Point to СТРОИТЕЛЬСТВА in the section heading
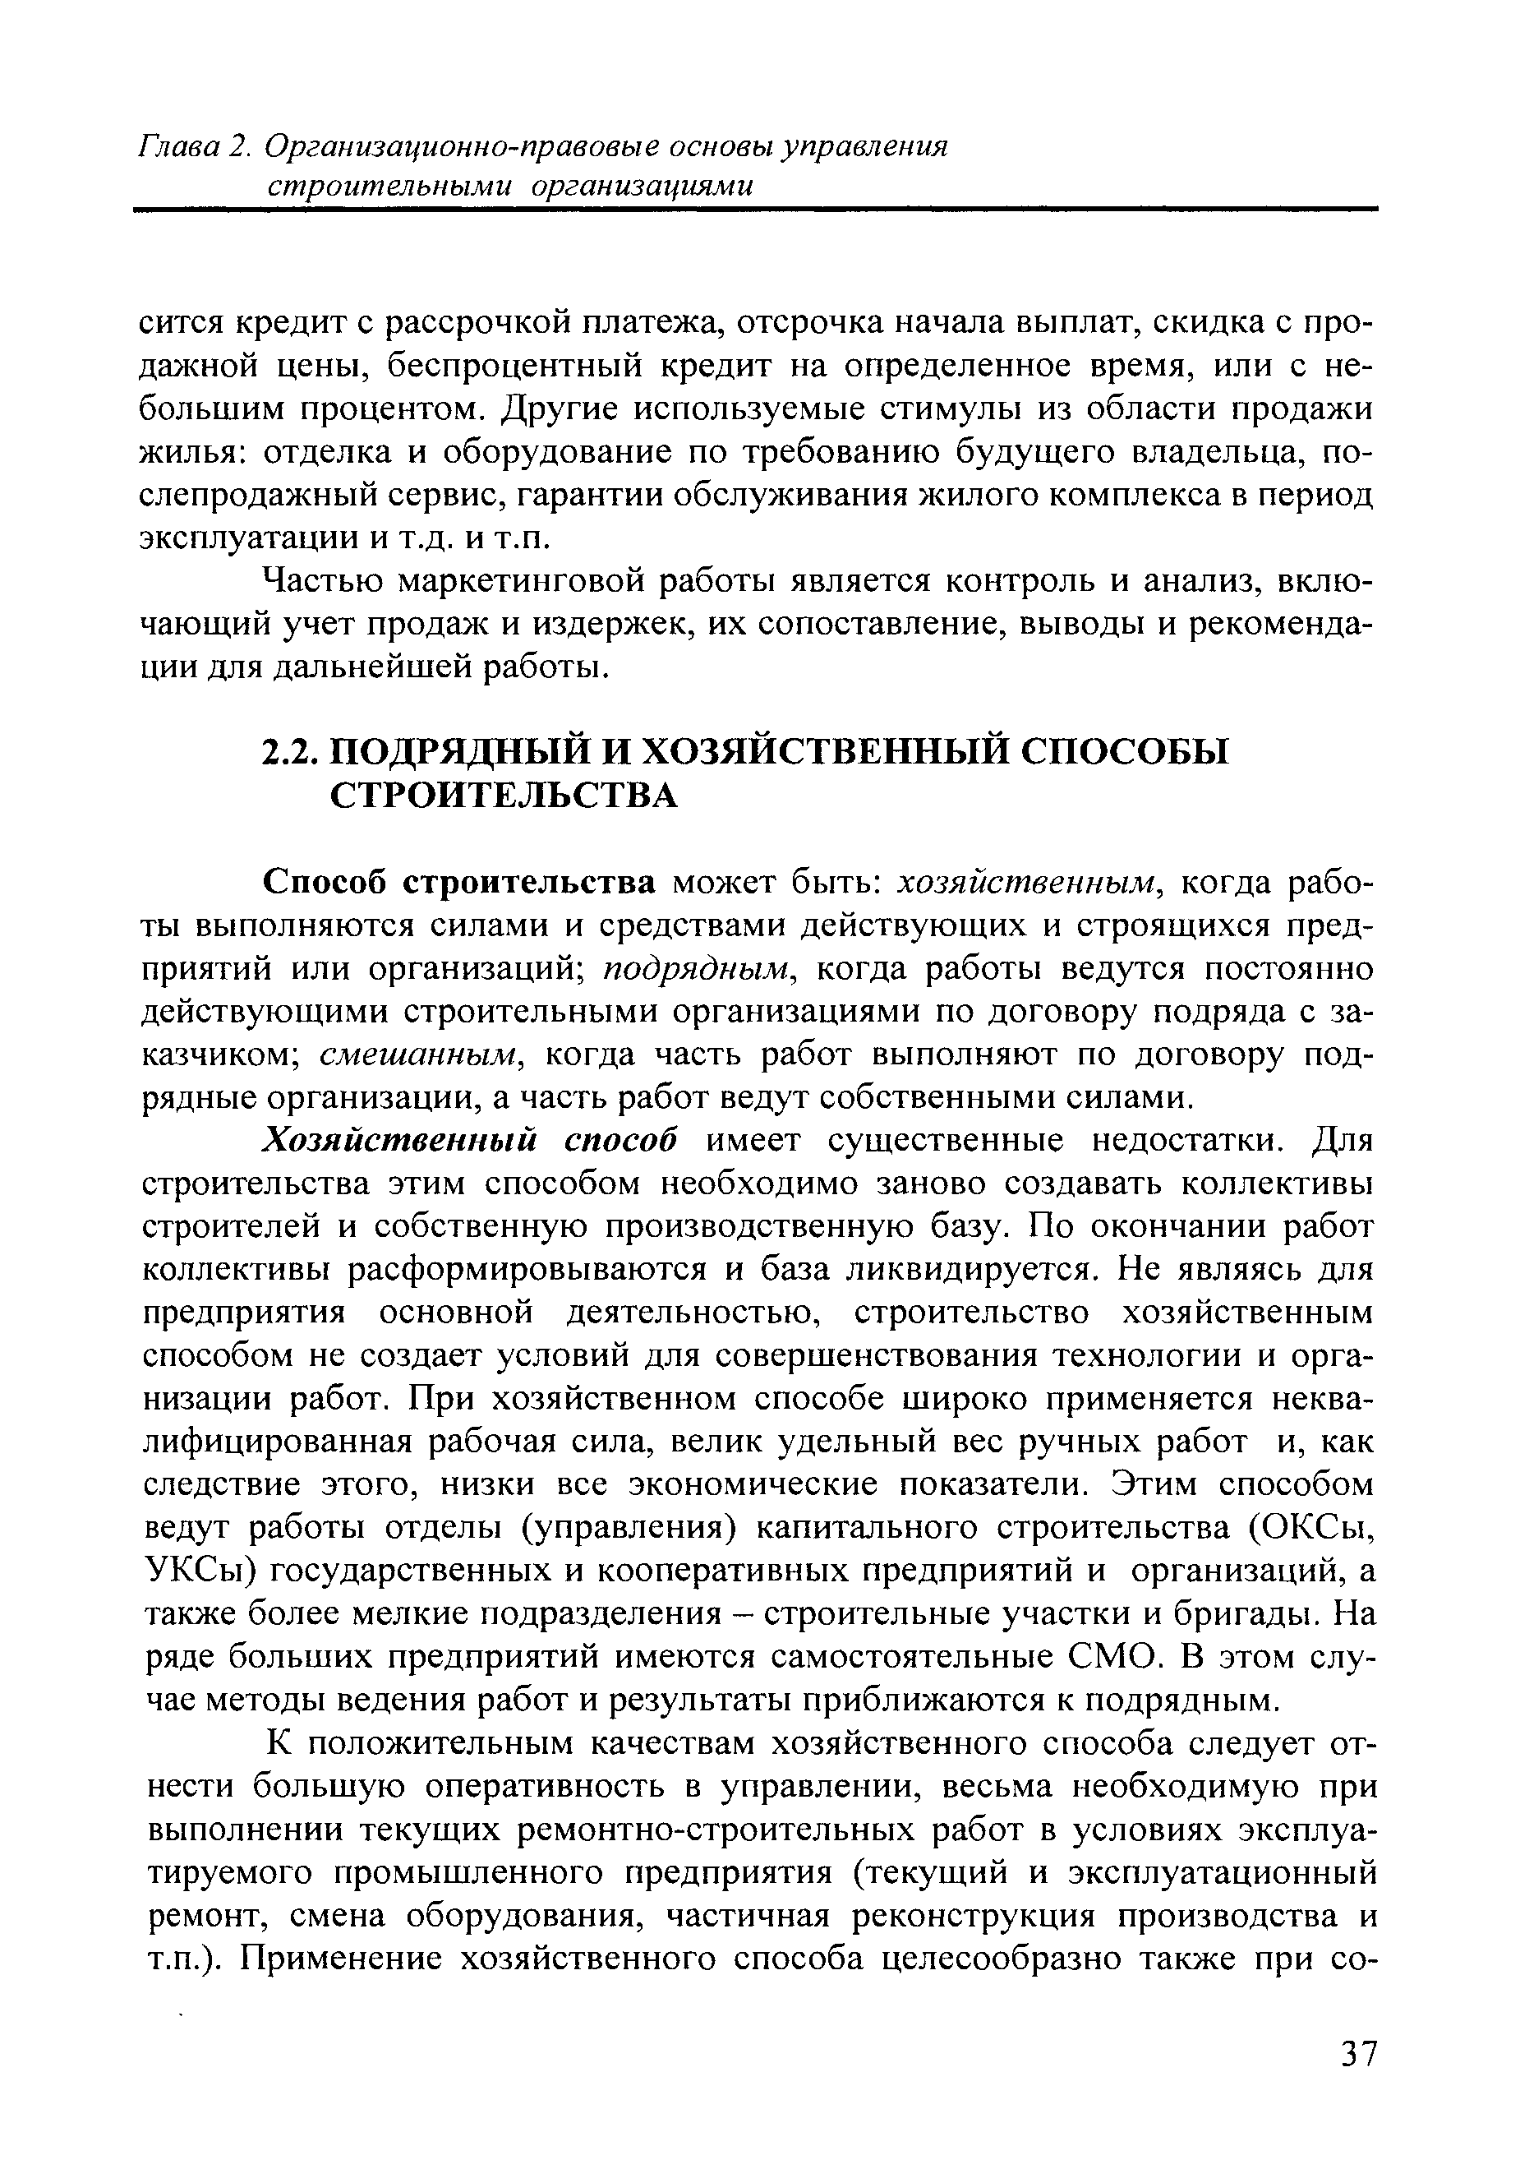pos(504,796)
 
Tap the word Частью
pos(320,580)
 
